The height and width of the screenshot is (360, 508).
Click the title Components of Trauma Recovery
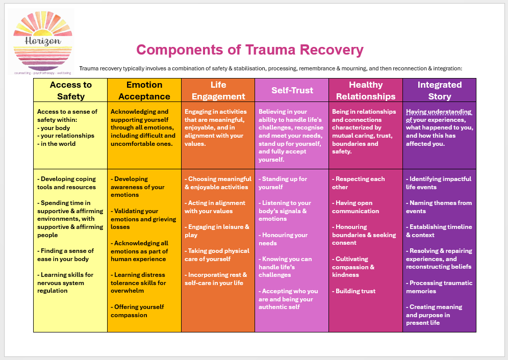pyautogui.click(x=249, y=50)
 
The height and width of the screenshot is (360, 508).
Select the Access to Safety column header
pyautogui.click(x=70, y=90)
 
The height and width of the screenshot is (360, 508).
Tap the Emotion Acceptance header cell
pyautogui.click(x=144, y=90)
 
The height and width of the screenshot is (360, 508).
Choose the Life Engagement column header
pyautogui.click(x=218, y=90)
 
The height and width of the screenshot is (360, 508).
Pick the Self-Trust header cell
pyautogui.click(x=292, y=90)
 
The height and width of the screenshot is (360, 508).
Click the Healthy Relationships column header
pyautogui.click(x=366, y=90)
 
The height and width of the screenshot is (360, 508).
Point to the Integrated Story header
pyautogui.click(x=439, y=90)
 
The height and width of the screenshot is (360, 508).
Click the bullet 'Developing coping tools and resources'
pyautogui.click(x=67, y=183)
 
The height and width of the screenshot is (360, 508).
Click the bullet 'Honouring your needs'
pyautogui.click(x=283, y=239)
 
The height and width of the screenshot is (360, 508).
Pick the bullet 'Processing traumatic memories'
pyautogui.click(x=439, y=287)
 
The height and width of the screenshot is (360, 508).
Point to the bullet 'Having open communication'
pyautogui.click(x=355, y=207)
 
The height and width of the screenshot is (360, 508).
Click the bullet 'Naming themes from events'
pyautogui.click(x=439, y=207)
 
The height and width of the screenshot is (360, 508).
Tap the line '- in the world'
pyautogui.click(x=57, y=144)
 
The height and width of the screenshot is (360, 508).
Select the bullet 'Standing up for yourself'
pyautogui.click(x=283, y=183)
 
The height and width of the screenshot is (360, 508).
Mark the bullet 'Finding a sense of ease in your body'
pyautogui.click(x=66, y=255)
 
